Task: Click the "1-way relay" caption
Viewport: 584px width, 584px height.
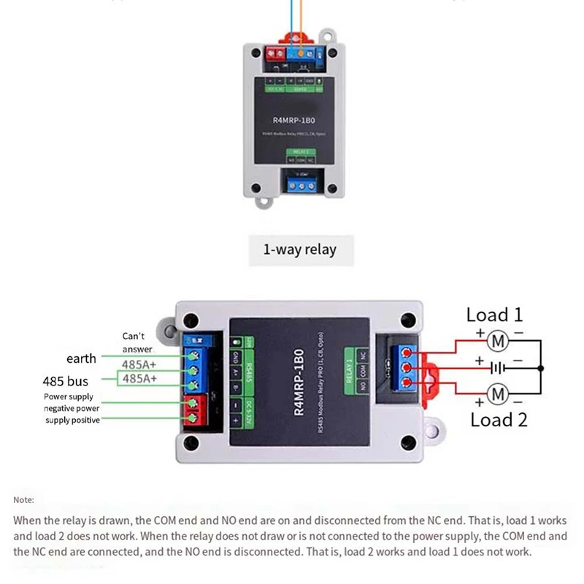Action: point(299,250)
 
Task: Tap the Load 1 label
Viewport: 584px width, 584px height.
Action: point(494,315)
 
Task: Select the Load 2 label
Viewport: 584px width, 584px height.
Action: point(499,419)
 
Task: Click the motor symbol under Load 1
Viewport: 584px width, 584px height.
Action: point(497,340)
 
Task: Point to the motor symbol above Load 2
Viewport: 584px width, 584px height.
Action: point(497,395)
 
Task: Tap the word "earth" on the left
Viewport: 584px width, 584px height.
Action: point(81,358)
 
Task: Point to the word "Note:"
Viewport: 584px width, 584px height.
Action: point(23,499)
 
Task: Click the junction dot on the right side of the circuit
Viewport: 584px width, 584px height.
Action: point(541,369)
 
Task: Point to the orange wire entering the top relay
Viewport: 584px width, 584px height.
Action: point(301,29)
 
